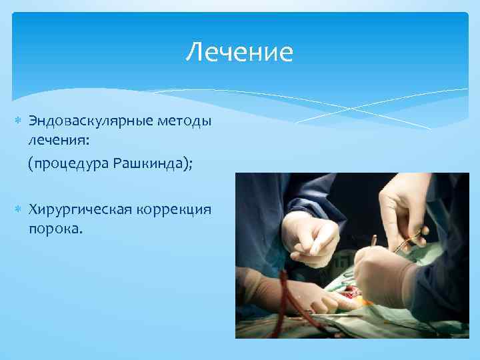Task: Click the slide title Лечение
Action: coord(239,52)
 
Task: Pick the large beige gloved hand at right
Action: coord(387,277)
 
